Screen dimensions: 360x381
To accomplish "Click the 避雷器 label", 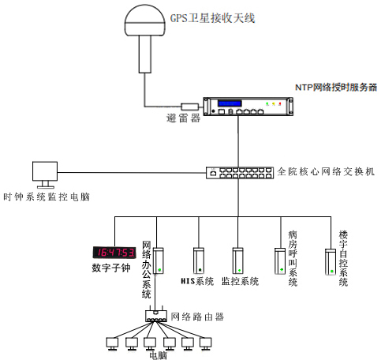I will tap(184, 120).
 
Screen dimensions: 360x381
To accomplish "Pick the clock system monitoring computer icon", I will tap(43, 174).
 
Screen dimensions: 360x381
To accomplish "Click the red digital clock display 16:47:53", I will tap(115, 253).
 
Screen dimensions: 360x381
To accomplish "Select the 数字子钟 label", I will tap(115, 269).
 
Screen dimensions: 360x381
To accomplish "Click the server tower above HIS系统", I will tap(199, 261).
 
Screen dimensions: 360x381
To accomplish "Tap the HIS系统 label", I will tap(197, 282).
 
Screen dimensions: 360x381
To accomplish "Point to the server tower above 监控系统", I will tap(238, 261).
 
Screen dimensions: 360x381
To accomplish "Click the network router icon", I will tap(158, 315).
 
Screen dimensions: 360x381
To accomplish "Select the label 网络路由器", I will tap(198, 317).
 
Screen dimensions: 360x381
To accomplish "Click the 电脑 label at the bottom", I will tap(157, 354).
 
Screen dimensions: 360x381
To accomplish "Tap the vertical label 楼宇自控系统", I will tap(343, 258).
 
